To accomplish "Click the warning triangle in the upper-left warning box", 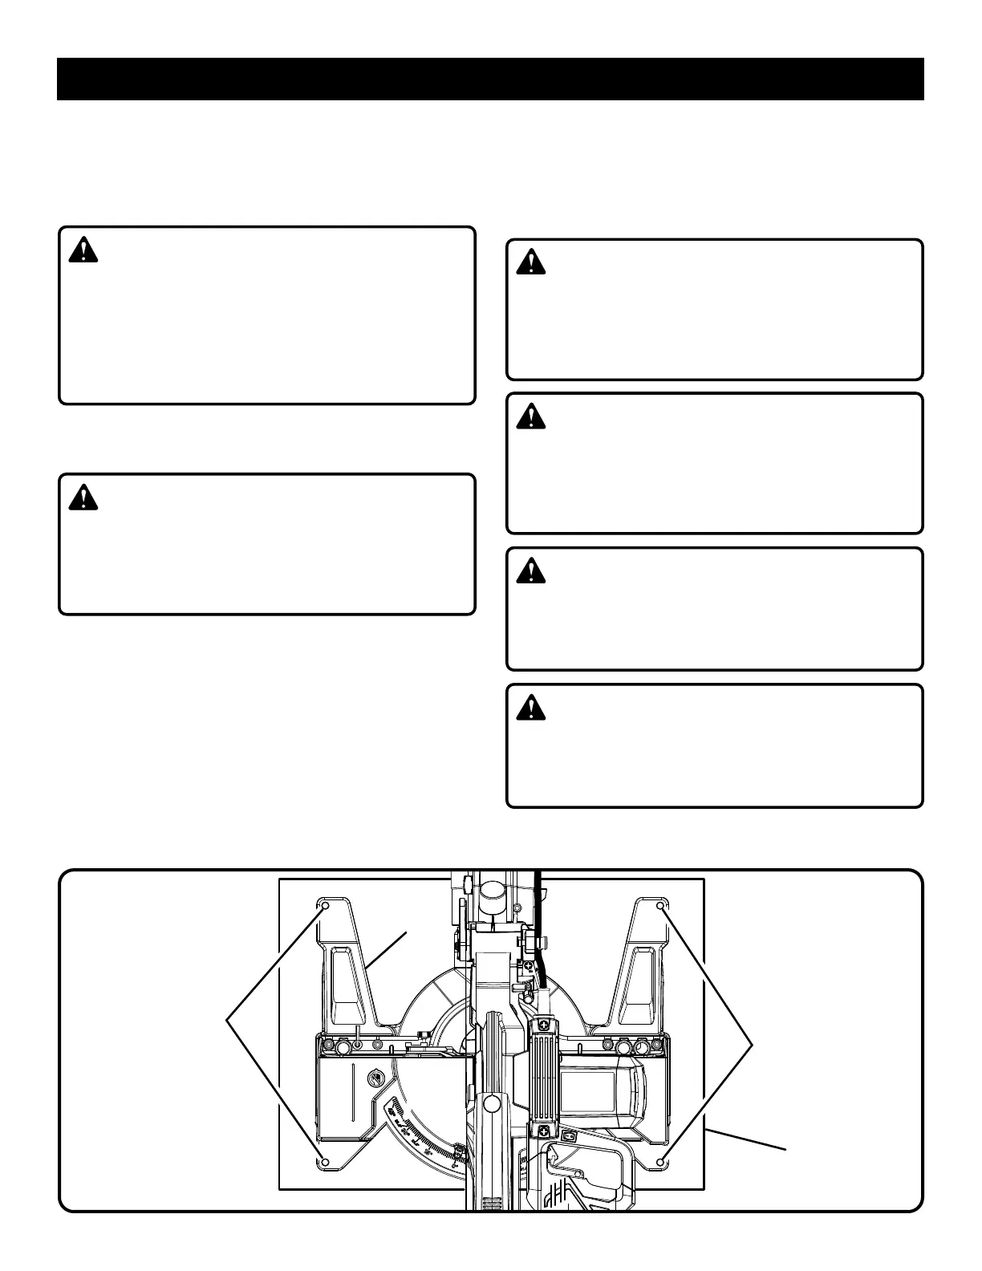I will [x=83, y=251].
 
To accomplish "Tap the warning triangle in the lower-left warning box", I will [x=83, y=498].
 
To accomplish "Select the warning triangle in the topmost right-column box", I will [x=530, y=262].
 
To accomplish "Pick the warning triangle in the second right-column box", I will [x=530, y=416].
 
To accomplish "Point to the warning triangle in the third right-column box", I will [x=530, y=571].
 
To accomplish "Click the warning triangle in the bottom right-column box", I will [x=530, y=708].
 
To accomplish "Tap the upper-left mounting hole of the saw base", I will [x=326, y=907].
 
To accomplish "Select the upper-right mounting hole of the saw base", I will [x=660, y=907].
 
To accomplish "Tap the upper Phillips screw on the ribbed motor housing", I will [x=545, y=1025].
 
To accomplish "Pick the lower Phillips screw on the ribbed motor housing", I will [x=545, y=1131].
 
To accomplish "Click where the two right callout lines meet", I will [x=755, y=1042].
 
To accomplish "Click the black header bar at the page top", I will [x=490, y=79].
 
